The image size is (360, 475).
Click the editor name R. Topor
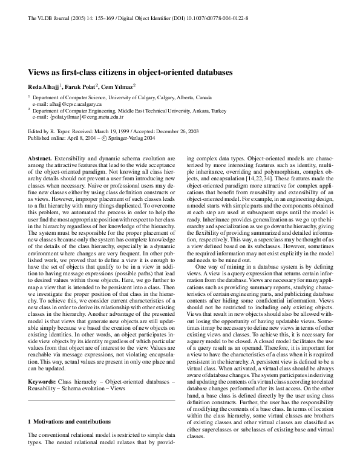(61, 131)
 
